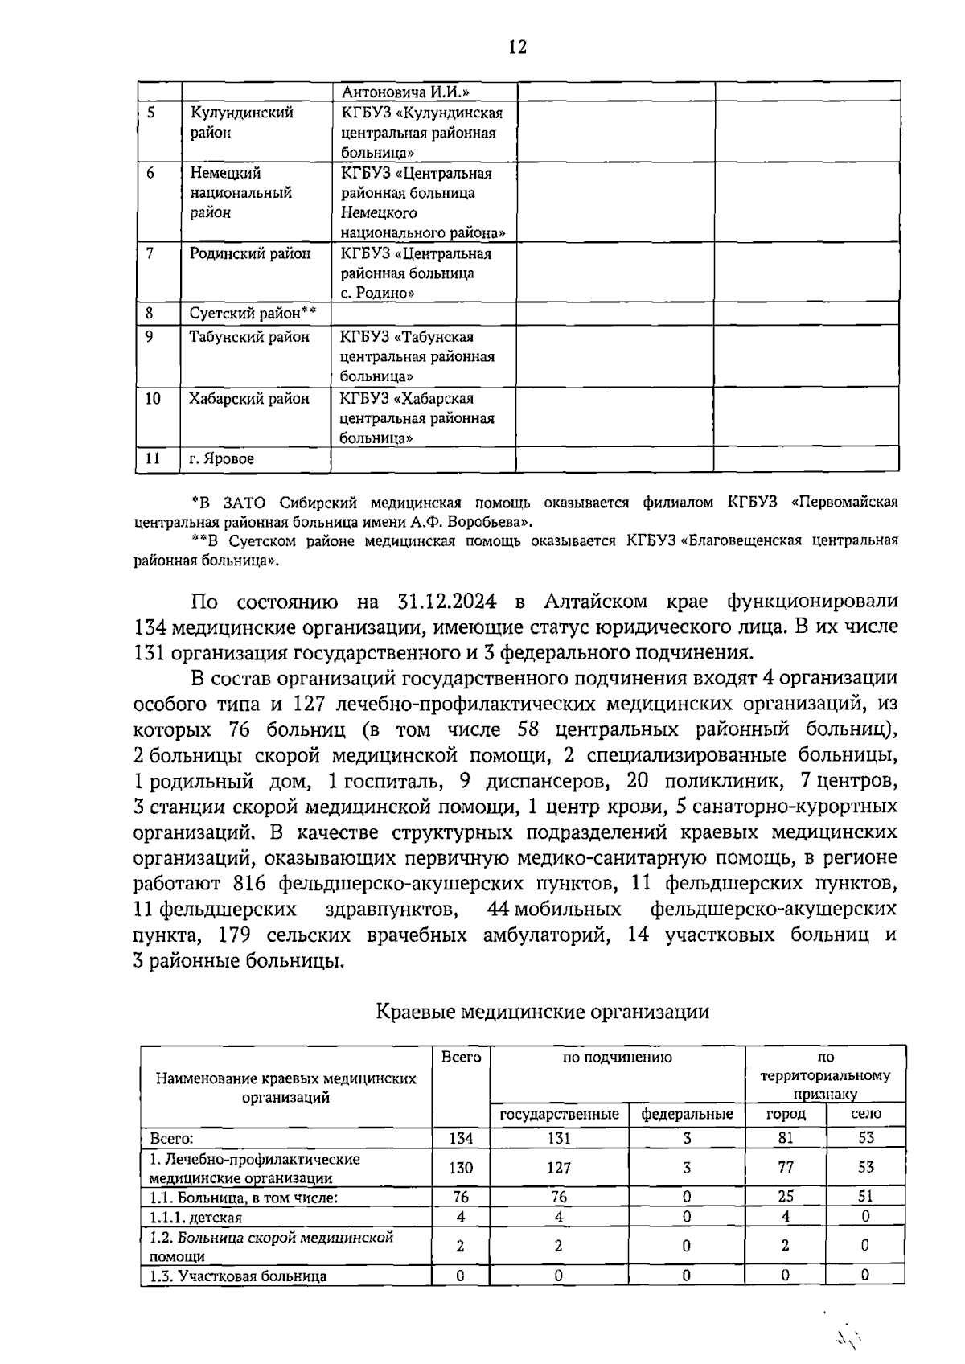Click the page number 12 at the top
pos(517,47)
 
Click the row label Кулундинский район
pos(241,123)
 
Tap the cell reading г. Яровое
pos(222,459)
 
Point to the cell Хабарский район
pos(249,399)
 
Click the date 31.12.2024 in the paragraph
pos(447,602)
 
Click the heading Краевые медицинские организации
pos(543,1011)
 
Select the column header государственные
pos(560,1114)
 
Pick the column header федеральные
pos(687,1114)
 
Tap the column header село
pos(866,1114)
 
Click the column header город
pos(786,1114)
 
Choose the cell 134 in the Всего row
pos(461,1138)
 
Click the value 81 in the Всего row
pos(786,1137)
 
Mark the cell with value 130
pos(461,1168)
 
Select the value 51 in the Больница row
pos(865,1197)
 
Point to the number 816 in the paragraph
pos(248,883)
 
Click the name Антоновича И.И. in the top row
pos(405,92)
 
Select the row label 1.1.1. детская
pos(196,1218)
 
